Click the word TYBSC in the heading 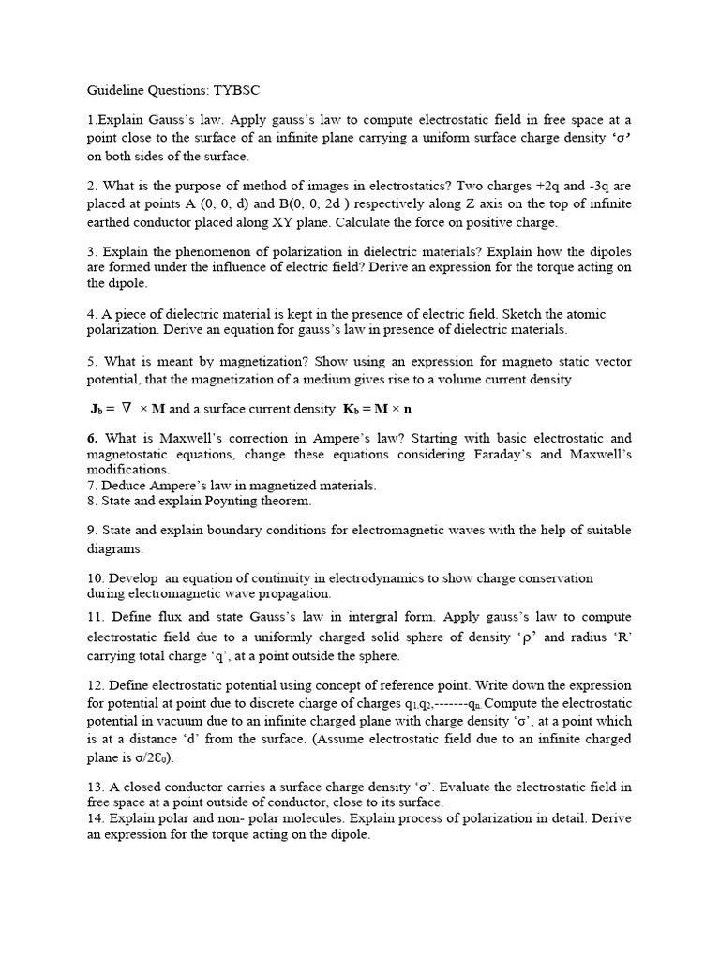pyautogui.click(x=234, y=90)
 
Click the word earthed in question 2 pyautogui.click(x=112, y=222)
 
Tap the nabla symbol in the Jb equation pyautogui.click(x=129, y=408)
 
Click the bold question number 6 pyautogui.click(x=93, y=438)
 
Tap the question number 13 pyautogui.click(x=96, y=787)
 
